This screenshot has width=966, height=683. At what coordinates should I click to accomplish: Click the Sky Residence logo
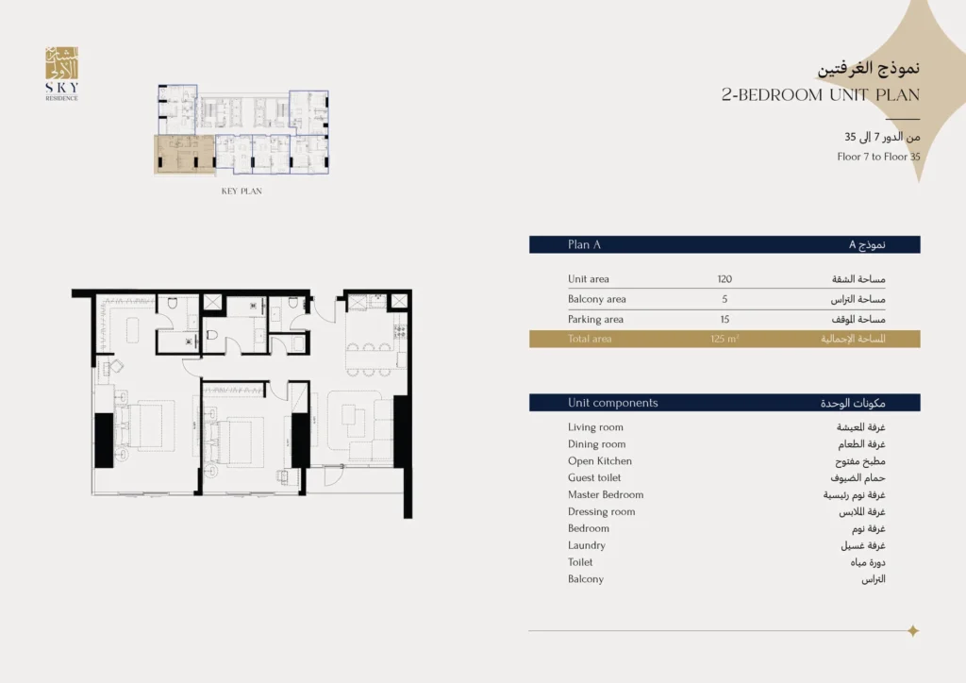pos(61,74)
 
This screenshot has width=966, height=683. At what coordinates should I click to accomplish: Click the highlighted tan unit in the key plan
pos(184,155)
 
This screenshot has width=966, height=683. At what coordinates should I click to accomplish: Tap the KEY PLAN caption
pos(241,192)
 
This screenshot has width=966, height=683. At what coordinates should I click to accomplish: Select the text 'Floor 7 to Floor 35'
pos(878,157)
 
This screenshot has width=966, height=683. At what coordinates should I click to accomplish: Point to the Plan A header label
pos(584,244)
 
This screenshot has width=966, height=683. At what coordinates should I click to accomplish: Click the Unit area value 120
pos(724,279)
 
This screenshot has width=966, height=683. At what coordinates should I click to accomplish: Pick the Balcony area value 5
pos(724,299)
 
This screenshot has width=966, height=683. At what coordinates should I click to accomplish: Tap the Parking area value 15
pos(724,320)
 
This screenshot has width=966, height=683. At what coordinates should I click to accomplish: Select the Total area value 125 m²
pos(724,339)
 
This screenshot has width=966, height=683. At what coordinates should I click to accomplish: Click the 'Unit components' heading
pos(613,403)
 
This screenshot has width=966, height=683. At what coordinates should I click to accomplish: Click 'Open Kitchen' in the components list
pos(599,460)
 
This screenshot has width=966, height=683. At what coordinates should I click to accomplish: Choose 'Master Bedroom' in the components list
pos(606,494)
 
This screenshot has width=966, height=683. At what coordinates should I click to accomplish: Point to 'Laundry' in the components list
pos(587,545)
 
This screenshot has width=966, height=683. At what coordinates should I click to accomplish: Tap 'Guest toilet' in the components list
pos(594,477)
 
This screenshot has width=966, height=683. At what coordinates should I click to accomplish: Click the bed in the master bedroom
pos(146,425)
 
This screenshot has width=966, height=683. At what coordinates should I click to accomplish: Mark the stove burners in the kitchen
pos(399,332)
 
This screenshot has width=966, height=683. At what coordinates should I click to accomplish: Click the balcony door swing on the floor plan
pos(333,475)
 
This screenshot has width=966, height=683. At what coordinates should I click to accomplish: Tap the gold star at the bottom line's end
pos(913,631)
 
